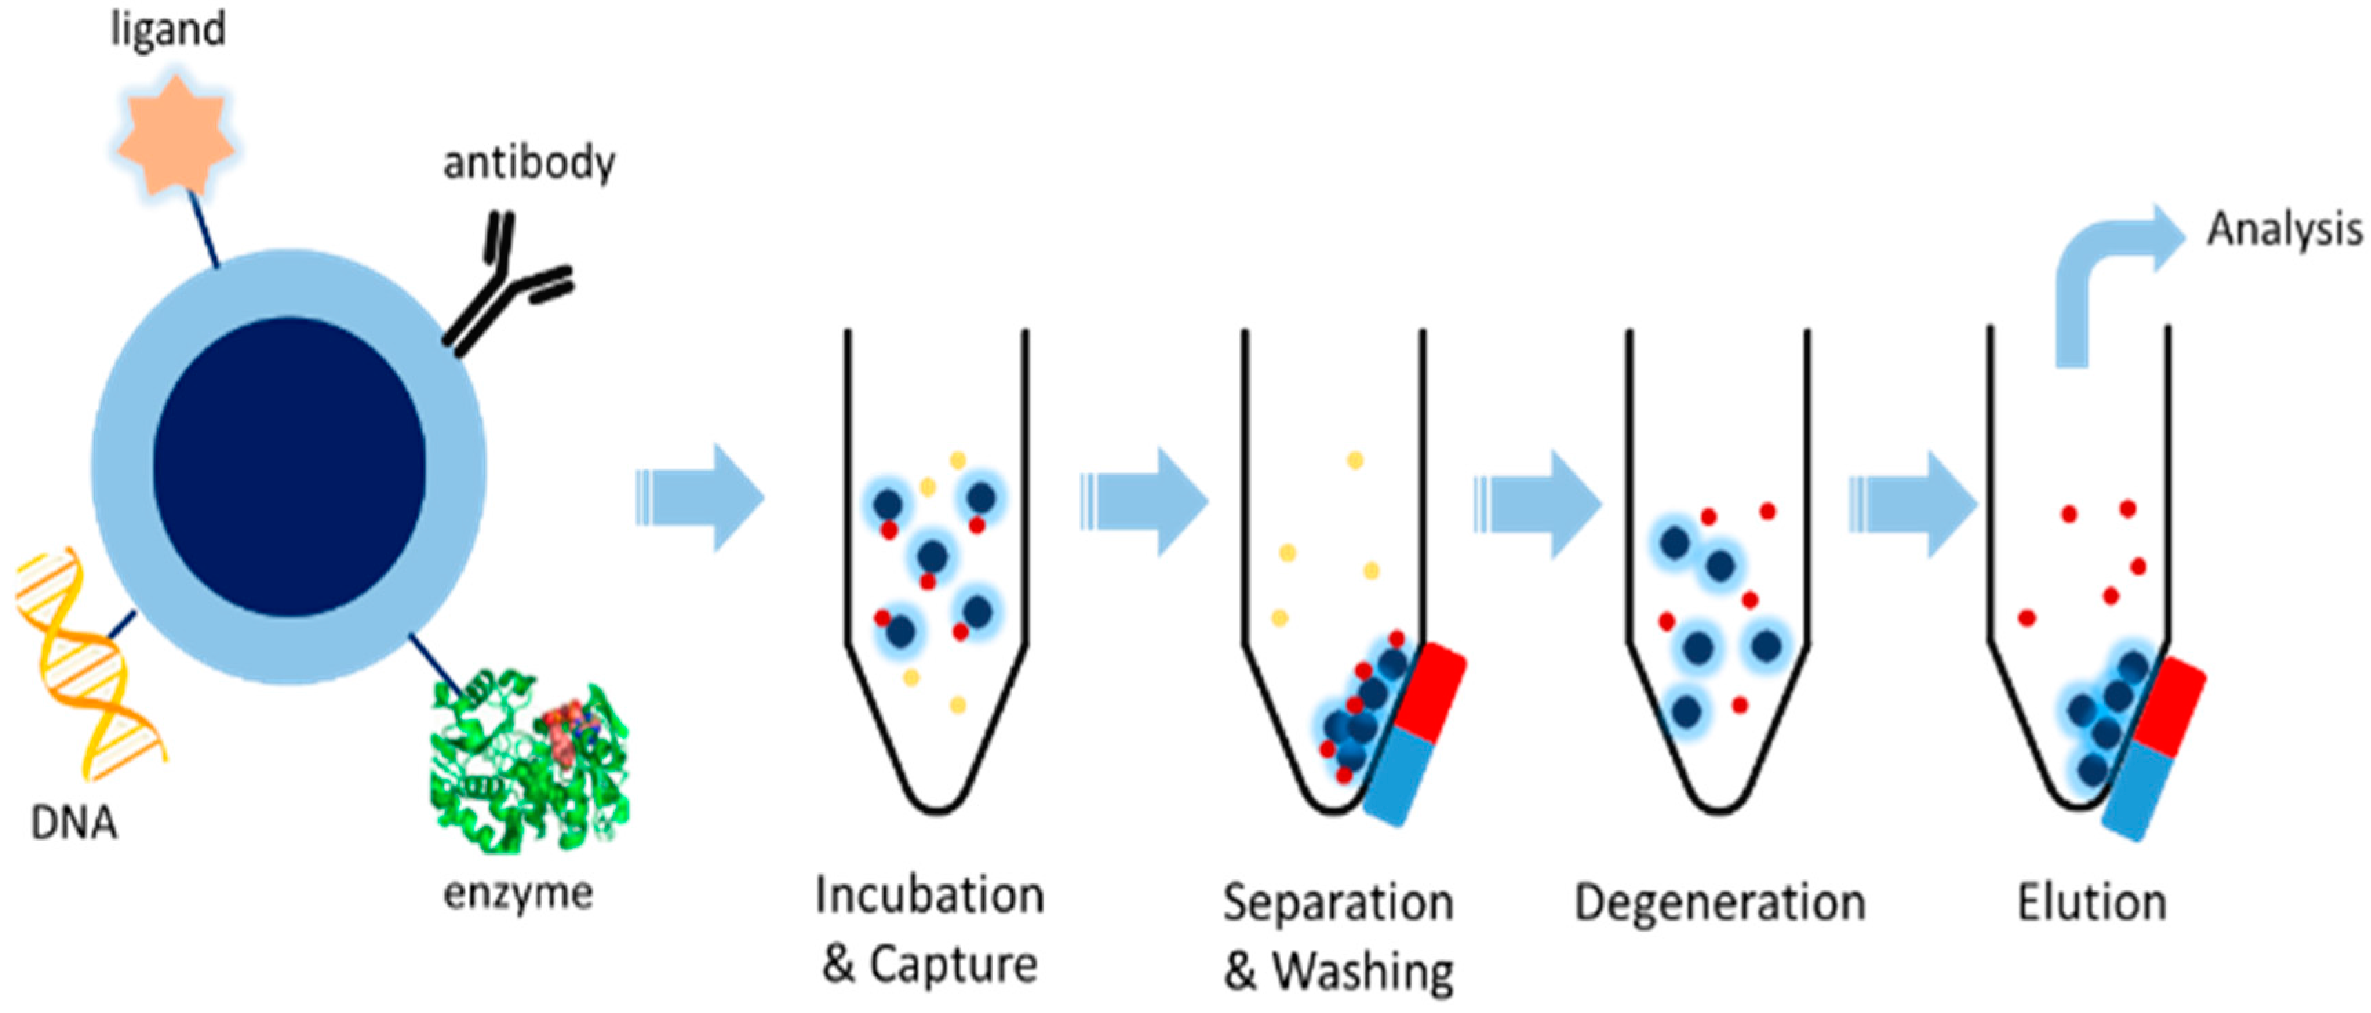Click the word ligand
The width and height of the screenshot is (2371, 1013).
pyautogui.click(x=167, y=30)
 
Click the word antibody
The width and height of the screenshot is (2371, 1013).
pyautogui.click(x=529, y=164)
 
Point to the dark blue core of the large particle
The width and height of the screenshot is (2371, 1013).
pyautogui.click(x=289, y=467)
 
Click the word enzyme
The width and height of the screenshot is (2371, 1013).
pyautogui.click(x=518, y=893)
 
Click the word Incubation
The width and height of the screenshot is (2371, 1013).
pyautogui.click(x=930, y=895)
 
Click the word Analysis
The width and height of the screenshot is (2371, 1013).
pyautogui.click(x=2283, y=230)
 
